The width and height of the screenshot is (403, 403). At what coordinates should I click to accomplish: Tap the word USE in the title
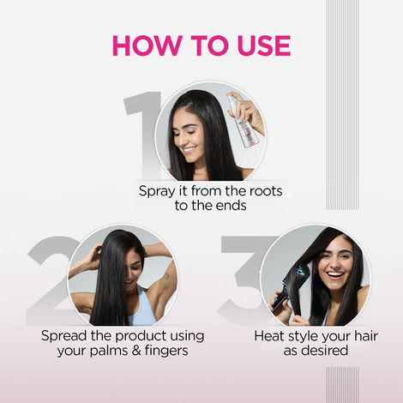coord(257,45)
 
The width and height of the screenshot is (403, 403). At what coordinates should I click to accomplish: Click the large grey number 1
coord(141,129)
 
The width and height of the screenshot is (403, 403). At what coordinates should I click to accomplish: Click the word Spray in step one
coord(159,189)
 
